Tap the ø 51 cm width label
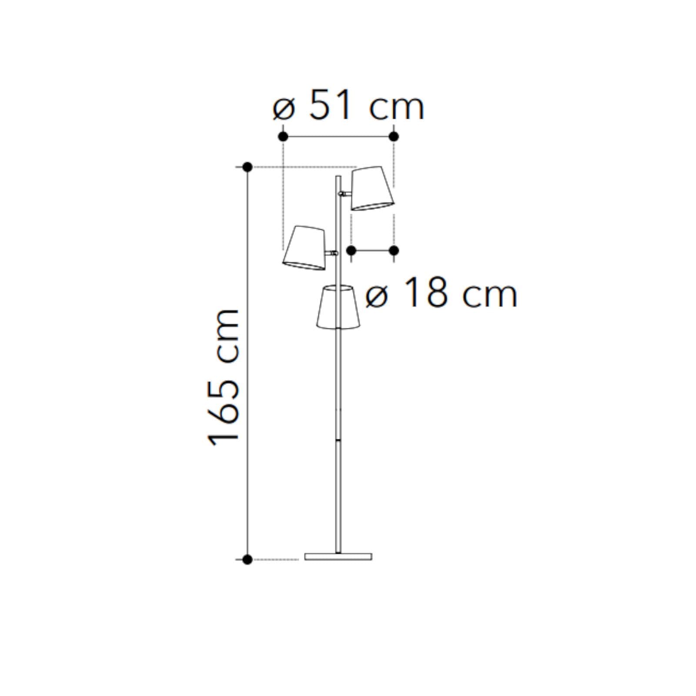pyautogui.click(x=348, y=106)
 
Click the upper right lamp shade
pyautogui.click(x=373, y=188)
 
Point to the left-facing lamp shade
pyautogui.click(x=304, y=248)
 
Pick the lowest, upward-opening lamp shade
pyautogui.click(x=338, y=307)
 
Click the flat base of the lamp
pyautogui.click(x=338, y=556)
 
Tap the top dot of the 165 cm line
pyautogui.click(x=248, y=167)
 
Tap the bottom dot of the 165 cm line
pyautogui.click(x=248, y=559)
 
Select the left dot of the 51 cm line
pyautogui.click(x=283, y=137)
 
